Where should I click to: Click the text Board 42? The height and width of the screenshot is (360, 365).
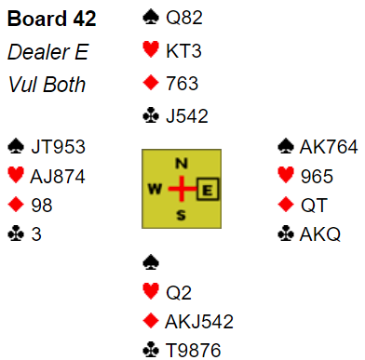point(51,19)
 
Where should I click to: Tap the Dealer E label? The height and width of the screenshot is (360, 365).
point(48,52)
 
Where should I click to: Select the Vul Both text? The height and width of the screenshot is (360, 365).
point(47,85)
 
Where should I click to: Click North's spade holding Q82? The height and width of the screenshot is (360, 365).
point(184,18)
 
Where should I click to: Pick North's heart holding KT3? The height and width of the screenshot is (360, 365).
point(183,50)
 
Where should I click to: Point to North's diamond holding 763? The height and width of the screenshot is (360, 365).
point(182,84)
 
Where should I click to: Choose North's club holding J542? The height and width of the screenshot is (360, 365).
point(187,116)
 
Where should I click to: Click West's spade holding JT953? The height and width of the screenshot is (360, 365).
point(58,147)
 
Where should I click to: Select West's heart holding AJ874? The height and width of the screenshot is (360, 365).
point(58,177)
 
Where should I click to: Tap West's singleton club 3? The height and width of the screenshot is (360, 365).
point(36,234)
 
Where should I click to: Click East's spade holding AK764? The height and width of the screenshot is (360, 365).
point(329,147)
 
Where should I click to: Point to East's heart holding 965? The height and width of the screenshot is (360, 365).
point(317,177)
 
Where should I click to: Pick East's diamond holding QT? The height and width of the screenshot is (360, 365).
point(314,206)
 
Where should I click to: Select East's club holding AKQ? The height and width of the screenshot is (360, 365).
point(320,234)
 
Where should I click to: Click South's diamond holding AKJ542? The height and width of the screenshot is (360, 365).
point(199,322)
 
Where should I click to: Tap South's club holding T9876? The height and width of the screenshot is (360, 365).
point(194,351)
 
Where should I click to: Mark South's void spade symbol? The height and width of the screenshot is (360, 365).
point(151,263)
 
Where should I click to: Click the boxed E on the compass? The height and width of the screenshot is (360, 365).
point(208,189)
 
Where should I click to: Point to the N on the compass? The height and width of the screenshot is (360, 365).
point(182,164)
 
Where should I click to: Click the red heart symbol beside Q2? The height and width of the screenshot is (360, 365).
point(151,292)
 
